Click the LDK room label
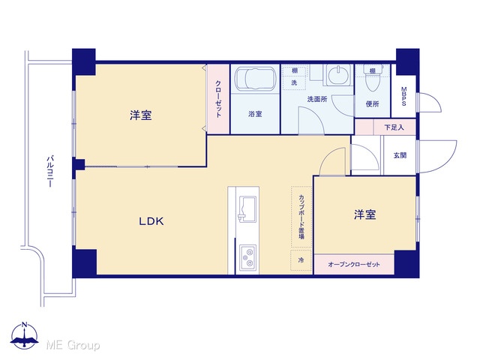click(151, 221)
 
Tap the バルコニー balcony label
click(50, 172)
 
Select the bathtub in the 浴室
click(255, 79)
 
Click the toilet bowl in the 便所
click(372, 79)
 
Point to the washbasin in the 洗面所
click(339, 74)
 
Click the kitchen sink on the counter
click(247, 208)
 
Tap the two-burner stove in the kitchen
click(247, 257)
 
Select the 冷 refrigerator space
click(301, 260)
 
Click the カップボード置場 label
click(301, 217)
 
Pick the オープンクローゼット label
click(354, 264)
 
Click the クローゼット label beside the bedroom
click(218, 99)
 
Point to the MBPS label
click(403, 97)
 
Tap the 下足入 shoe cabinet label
click(394, 127)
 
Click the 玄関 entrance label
click(400, 155)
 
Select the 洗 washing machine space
click(294, 82)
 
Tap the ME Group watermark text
click(73, 345)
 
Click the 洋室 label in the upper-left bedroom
click(141, 115)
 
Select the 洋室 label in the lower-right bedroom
click(365, 214)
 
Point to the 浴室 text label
click(255, 114)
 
